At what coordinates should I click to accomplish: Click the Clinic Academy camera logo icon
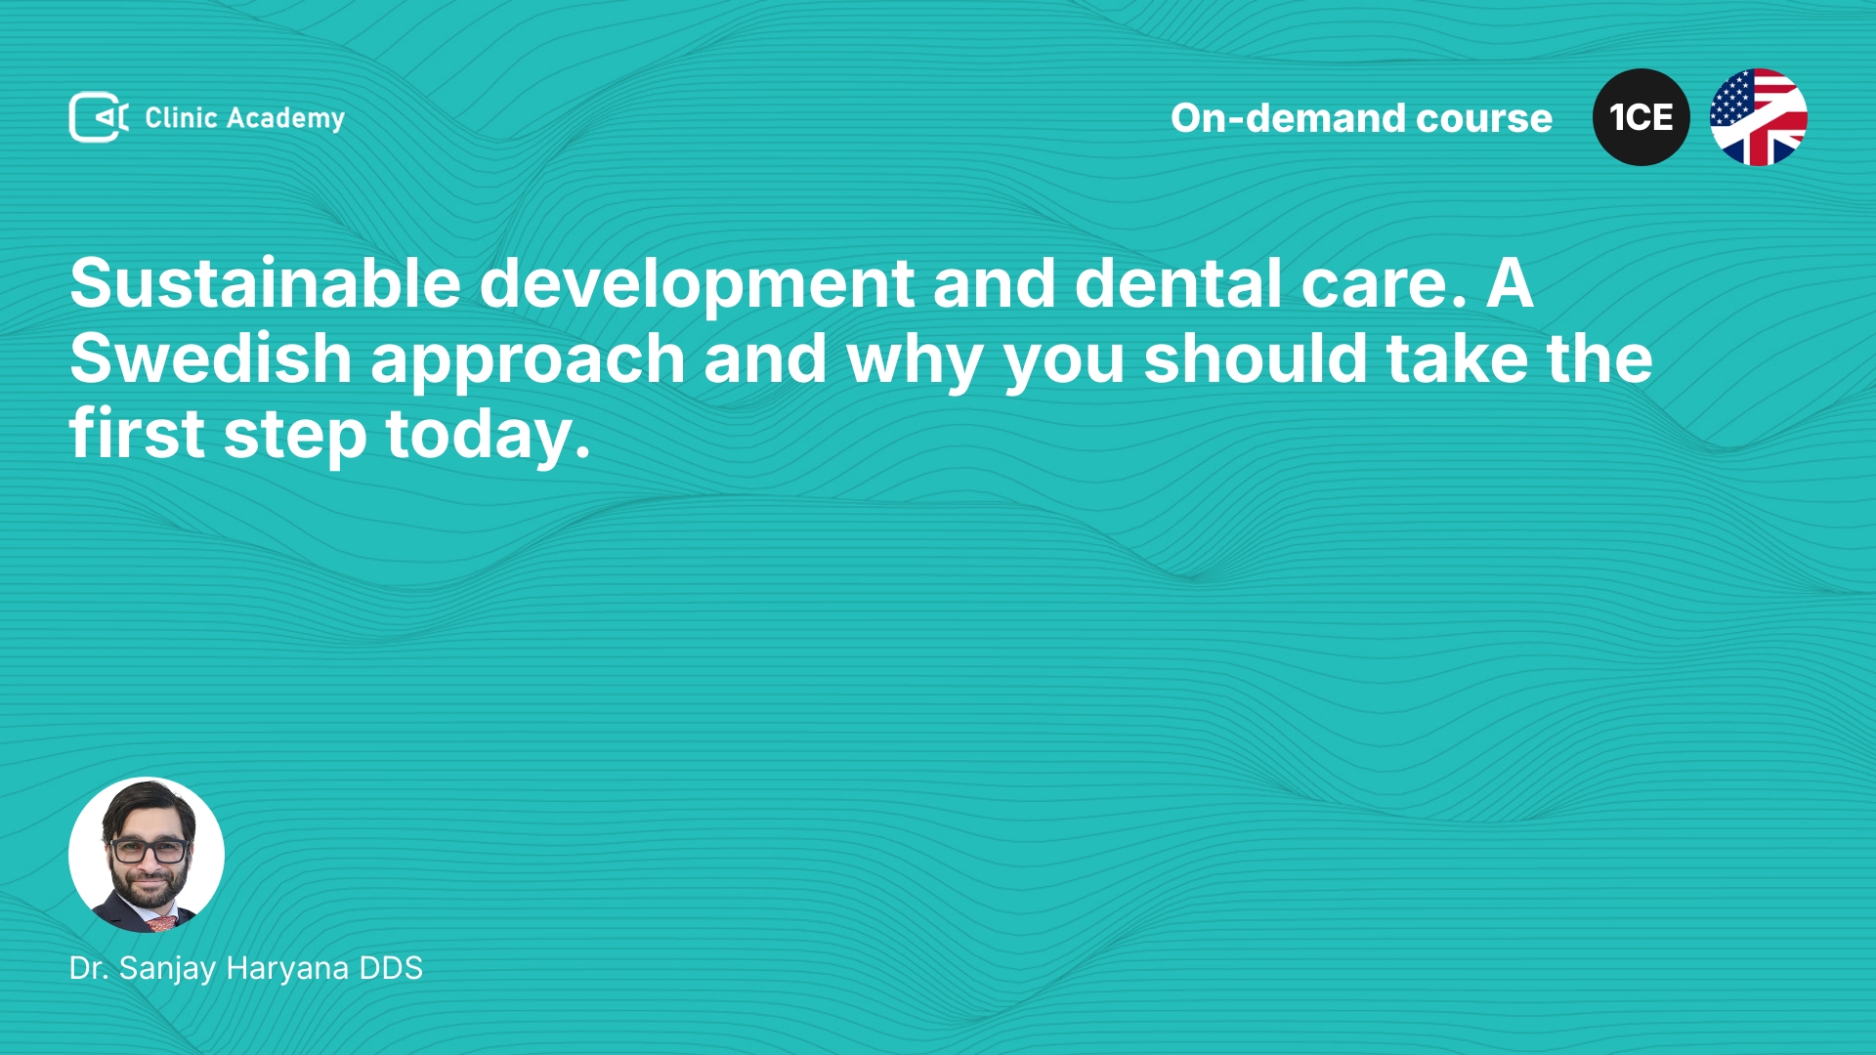pyautogui.click(x=99, y=117)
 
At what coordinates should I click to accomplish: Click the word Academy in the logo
pyautogui.click(x=285, y=119)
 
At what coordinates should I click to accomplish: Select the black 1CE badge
pyautogui.click(x=1641, y=117)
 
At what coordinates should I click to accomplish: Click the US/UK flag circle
pyautogui.click(x=1759, y=117)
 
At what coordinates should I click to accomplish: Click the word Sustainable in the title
pyautogui.click(x=265, y=283)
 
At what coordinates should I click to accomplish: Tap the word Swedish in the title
pyautogui.click(x=210, y=359)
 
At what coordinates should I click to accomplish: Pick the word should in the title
pyautogui.click(x=1256, y=359)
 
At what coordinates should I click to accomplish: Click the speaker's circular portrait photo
pyautogui.click(x=147, y=855)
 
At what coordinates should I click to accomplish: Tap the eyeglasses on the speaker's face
pyautogui.click(x=149, y=851)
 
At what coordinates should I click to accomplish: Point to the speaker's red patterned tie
pyautogui.click(x=162, y=923)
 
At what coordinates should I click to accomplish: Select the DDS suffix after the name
pyautogui.click(x=391, y=968)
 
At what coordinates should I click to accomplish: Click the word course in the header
pyautogui.click(x=1484, y=119)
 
